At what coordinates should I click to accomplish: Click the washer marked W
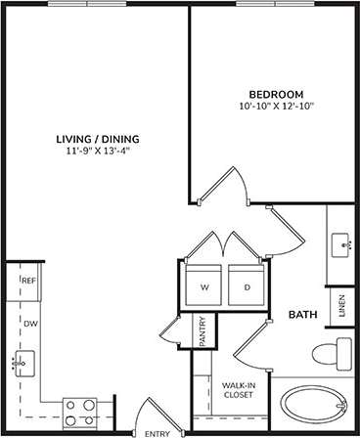pos(204,287)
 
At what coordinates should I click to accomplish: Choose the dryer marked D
pos(246,287)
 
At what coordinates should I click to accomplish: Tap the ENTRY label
pos(157,432)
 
